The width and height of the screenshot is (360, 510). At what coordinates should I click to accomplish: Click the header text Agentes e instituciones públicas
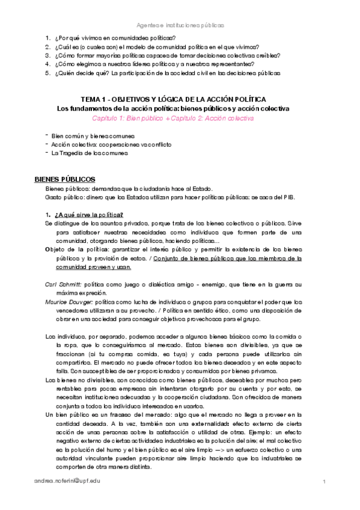[180, 26]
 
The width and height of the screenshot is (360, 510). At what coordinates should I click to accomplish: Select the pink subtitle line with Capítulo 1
[177, 118]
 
